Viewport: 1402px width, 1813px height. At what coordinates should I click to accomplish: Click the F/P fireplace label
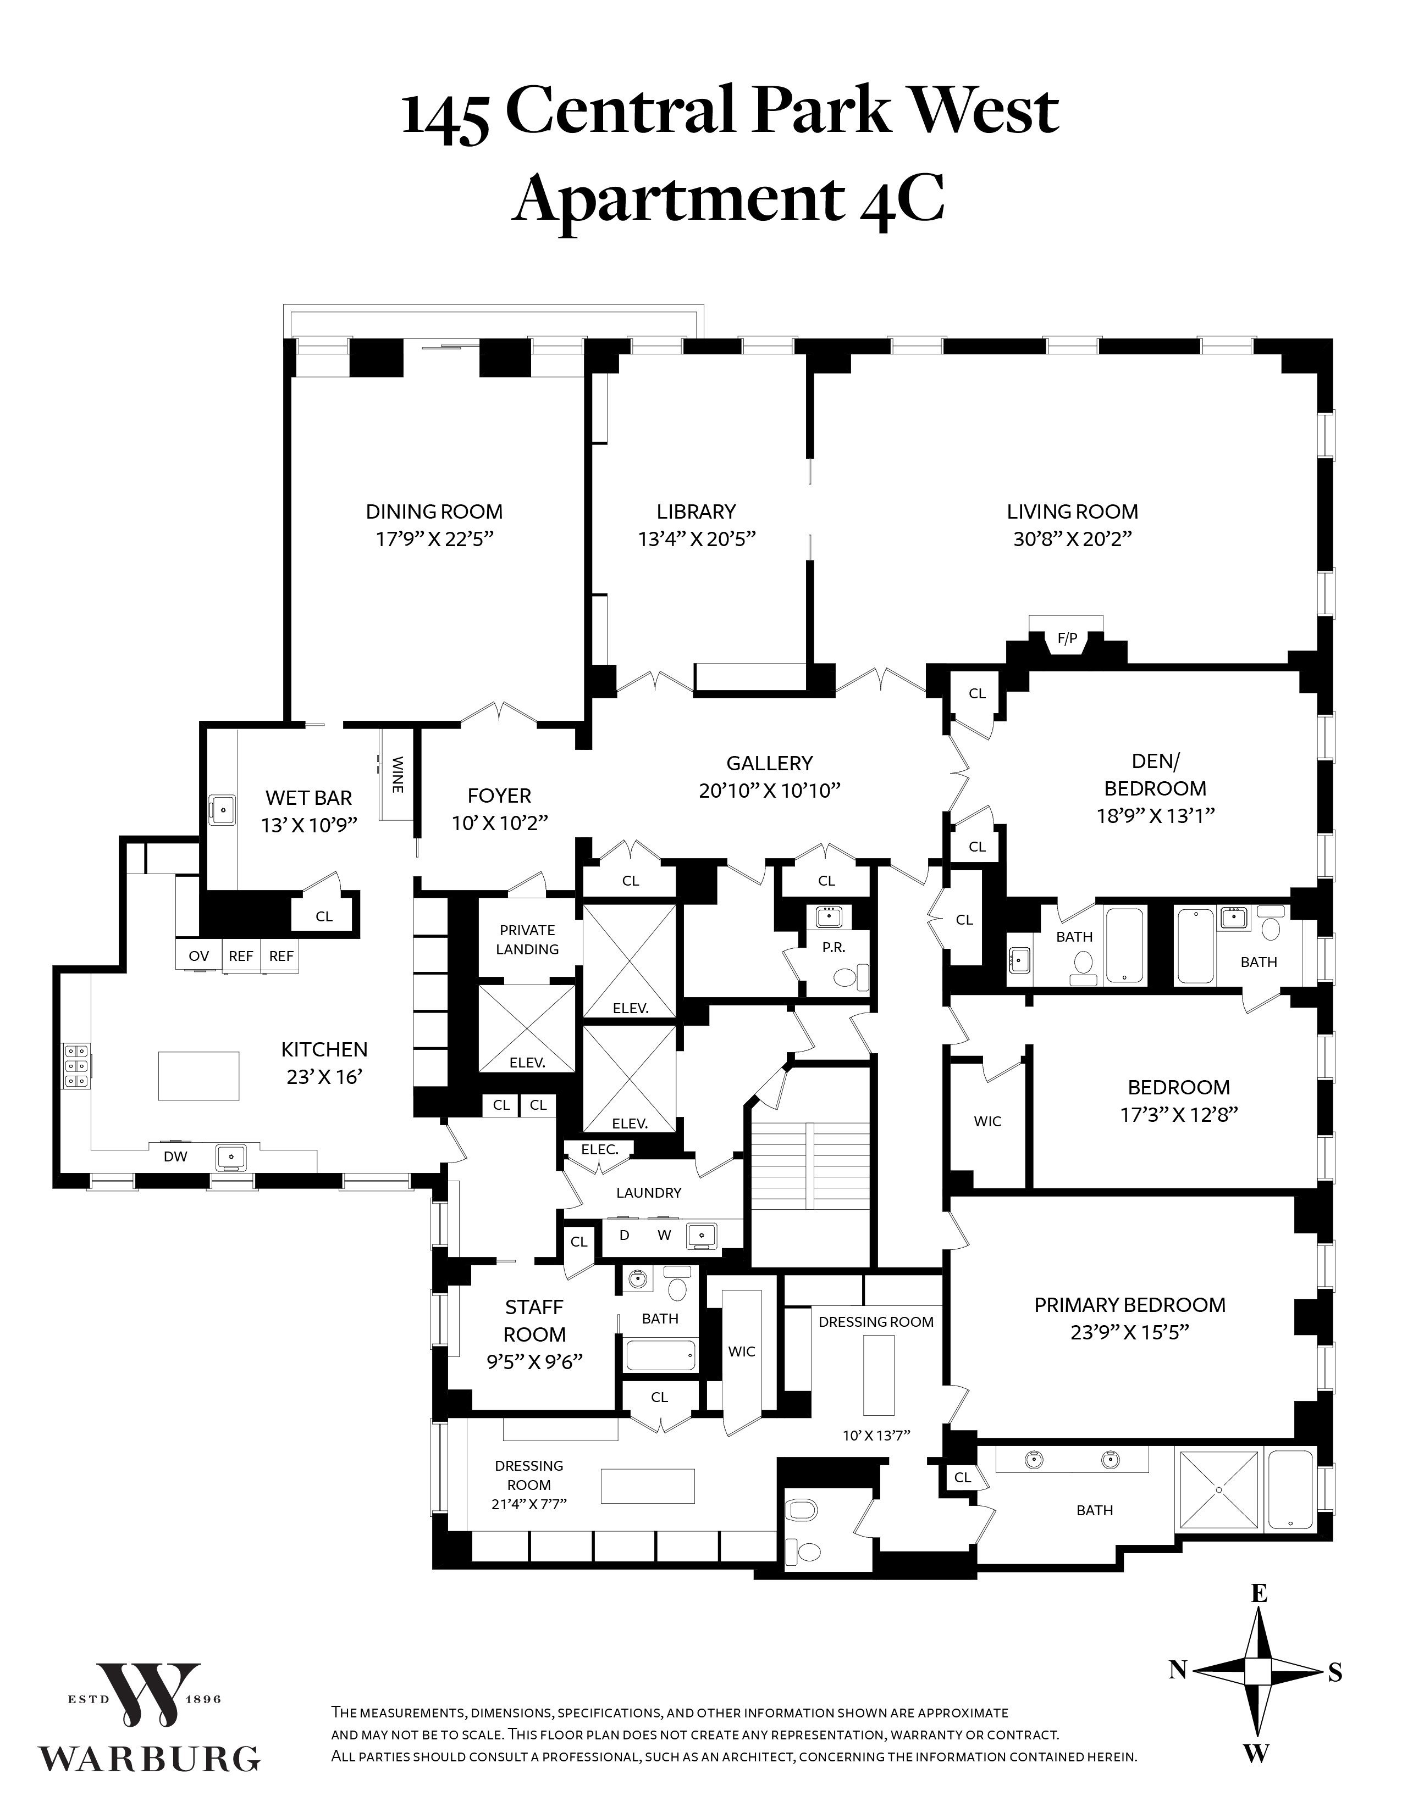pos(1067,637)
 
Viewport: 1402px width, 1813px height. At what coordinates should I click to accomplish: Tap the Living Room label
pos(1072,511)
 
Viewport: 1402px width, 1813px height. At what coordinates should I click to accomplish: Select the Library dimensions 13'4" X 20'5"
pos(696,539)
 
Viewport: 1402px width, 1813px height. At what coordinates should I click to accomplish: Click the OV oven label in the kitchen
pos(198,955)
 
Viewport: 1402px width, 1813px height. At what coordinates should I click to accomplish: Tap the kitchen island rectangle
pos(198,1076)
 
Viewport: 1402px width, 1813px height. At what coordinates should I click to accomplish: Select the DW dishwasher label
pos(175,1155)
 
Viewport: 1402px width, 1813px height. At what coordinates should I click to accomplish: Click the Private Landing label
pos(527,939)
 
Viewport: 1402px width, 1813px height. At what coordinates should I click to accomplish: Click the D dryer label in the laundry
pos(624,1234)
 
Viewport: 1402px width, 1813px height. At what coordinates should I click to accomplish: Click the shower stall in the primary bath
pos(1218,1490)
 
